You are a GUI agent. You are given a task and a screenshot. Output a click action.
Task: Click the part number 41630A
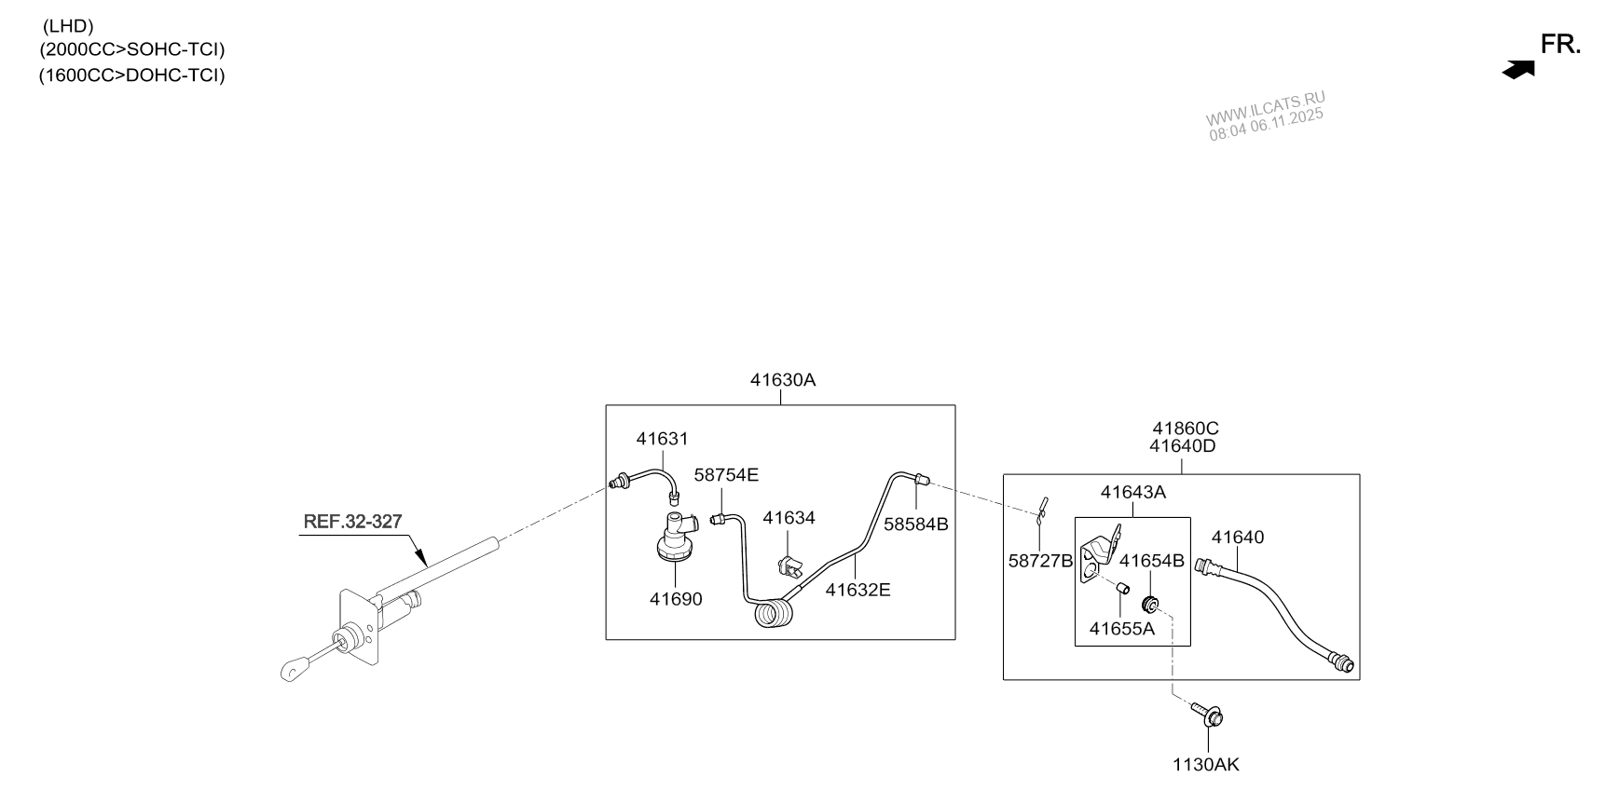[782, 380]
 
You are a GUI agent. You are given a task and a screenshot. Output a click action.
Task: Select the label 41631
[662, 439]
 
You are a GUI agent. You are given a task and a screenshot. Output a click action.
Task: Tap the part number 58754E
[726, 475]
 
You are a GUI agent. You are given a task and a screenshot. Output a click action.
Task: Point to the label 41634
[789, 518]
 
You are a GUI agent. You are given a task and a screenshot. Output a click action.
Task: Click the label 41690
[676, 599]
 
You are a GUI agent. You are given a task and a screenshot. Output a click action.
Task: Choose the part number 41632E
[858, 590]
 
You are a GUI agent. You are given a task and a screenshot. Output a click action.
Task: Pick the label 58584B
[915, 524]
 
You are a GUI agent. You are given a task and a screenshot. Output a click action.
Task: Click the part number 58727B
[1041, 561]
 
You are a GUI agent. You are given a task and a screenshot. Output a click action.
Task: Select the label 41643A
[1132, 492]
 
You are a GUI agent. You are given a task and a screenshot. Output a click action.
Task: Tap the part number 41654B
[1151, 561]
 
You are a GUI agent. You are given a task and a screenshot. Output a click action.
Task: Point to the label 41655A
[1121, 629]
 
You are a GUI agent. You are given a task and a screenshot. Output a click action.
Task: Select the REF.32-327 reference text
[352, 522]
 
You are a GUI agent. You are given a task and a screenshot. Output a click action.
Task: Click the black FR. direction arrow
[1518, 70]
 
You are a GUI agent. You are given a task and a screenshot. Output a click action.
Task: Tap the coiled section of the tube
[774, 616]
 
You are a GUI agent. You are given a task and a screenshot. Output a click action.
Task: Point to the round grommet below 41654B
[1150, 603]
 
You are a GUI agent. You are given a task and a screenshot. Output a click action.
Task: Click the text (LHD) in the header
[68, 26]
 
